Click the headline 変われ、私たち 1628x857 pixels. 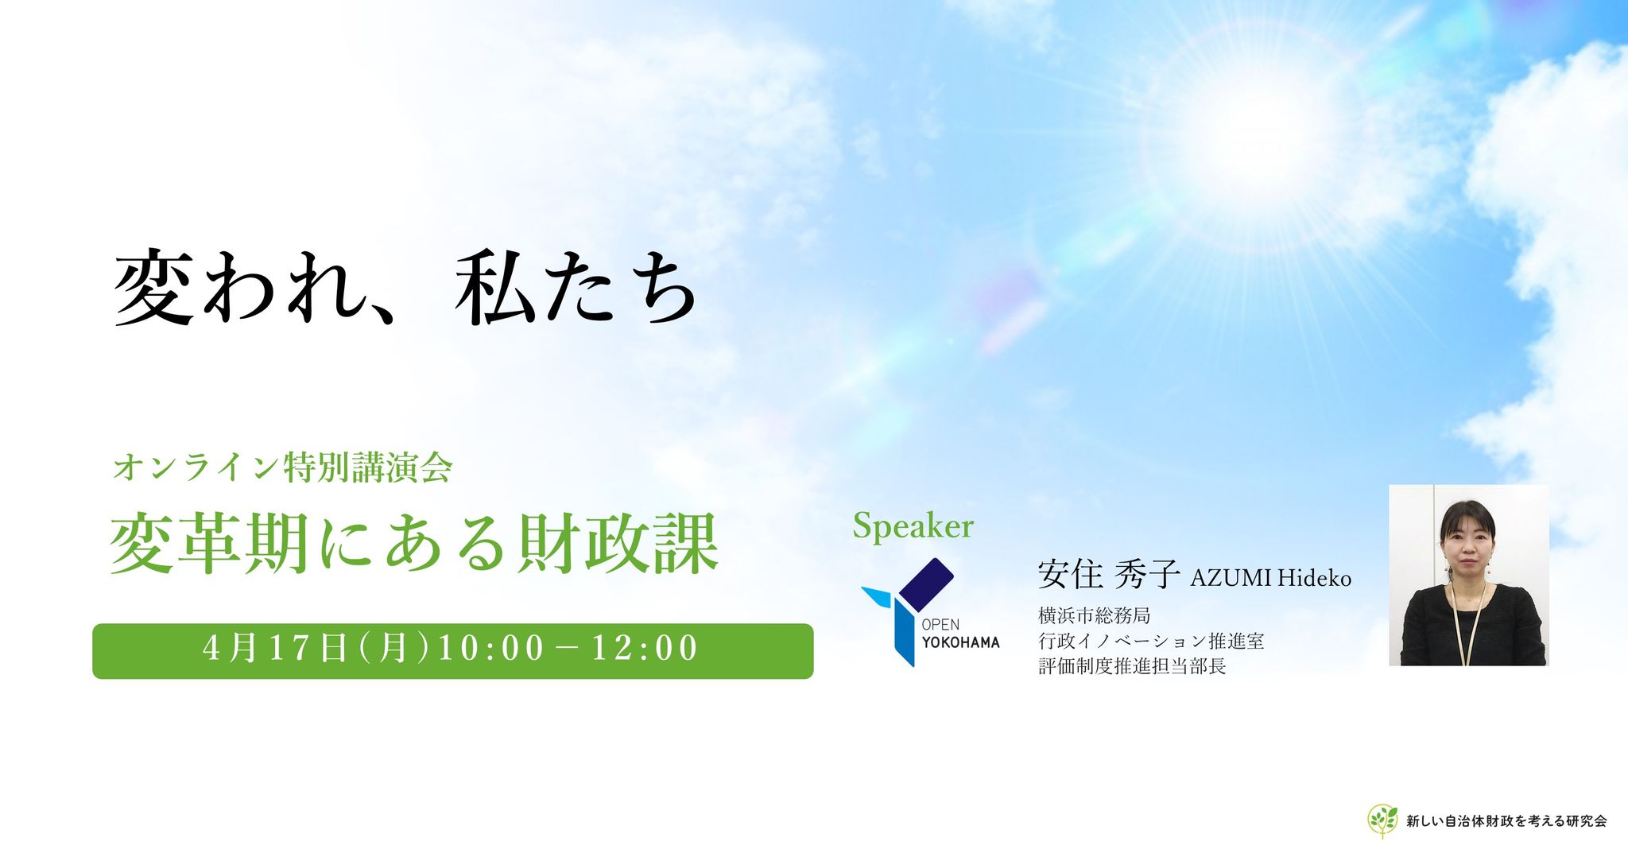406,287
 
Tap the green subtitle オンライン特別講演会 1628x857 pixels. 283,467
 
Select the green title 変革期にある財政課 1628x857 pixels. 414,543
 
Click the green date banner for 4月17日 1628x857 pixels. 453,651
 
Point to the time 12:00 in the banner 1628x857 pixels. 645,648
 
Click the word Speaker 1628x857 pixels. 913,526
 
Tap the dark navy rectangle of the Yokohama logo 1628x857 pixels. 926,584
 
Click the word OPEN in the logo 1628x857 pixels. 940,625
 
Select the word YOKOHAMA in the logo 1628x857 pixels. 960,642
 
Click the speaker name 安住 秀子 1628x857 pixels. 1108,574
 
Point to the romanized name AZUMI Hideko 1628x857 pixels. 1270,578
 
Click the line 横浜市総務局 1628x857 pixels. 1094,616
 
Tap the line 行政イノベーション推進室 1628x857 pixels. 1151,641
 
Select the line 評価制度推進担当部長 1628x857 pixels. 1132,666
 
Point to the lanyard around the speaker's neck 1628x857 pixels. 1467,620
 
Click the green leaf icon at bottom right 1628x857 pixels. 1382,820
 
